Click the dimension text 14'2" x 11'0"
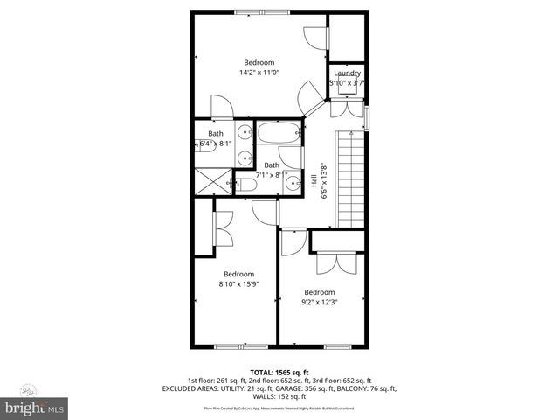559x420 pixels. [259, 73]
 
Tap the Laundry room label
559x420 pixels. [347, 73]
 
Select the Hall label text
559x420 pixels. [314, 180]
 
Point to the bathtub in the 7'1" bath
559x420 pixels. [279, 136]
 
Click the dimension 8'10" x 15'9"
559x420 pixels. [235, 283]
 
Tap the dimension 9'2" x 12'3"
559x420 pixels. [319, 303]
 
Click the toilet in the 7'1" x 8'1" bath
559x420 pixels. [249, 185]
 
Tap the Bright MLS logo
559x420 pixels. [33, 408]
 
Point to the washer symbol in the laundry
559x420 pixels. [347, 85]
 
